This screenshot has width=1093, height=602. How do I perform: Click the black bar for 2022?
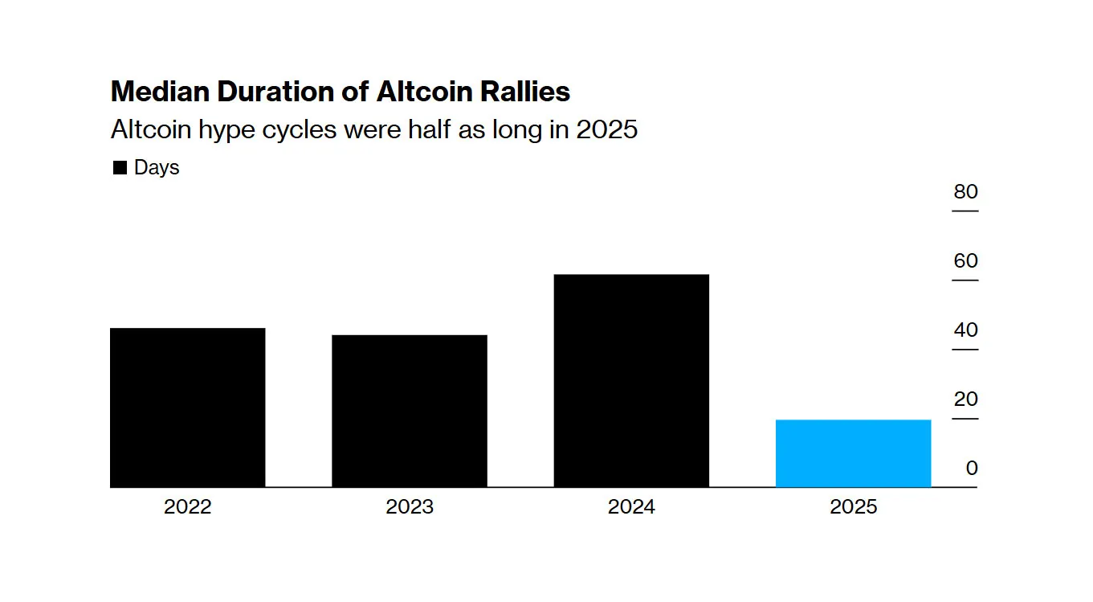(187, 407)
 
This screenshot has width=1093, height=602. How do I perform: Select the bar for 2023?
(410, 410)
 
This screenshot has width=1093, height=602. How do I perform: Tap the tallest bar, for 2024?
(631, 380)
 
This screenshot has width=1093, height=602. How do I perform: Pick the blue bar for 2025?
(853, 453)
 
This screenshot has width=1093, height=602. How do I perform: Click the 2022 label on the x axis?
(187, 507)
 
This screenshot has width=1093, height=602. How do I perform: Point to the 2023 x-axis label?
(410, 507)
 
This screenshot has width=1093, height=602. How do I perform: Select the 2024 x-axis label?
(631, 507)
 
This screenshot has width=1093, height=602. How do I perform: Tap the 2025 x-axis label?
(854, 507)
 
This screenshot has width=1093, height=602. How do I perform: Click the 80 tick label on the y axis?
(965, 192)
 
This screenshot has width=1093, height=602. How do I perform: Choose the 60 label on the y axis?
(965, 261)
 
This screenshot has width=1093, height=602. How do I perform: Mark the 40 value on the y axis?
(965, 330)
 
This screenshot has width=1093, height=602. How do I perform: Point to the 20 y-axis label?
(965, 399)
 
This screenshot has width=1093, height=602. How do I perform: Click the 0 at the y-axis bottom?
(972, 469)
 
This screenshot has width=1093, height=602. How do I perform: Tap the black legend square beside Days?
(120, 168)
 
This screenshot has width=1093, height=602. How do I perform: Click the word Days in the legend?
(157, 168)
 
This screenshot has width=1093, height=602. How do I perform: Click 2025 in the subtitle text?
(606, 129)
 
